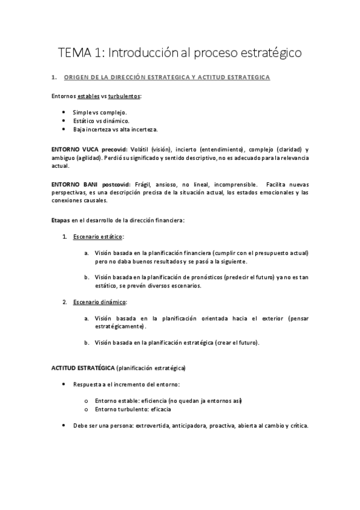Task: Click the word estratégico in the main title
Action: pyautogui.click(x=266, y=53)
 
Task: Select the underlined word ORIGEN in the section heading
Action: pyautogui.click(x=77, y=78)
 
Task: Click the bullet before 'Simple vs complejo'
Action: pyautogui.click(x=64, y=112)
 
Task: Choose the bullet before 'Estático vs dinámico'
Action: pyautogui.click(x=64, y=120)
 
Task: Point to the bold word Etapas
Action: pyautogui.click(x=60, y=221)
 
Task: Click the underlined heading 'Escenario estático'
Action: pyautogui.click(x=99, y=237)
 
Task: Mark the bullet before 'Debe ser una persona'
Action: pyautogui.click(x=64, y=425)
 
